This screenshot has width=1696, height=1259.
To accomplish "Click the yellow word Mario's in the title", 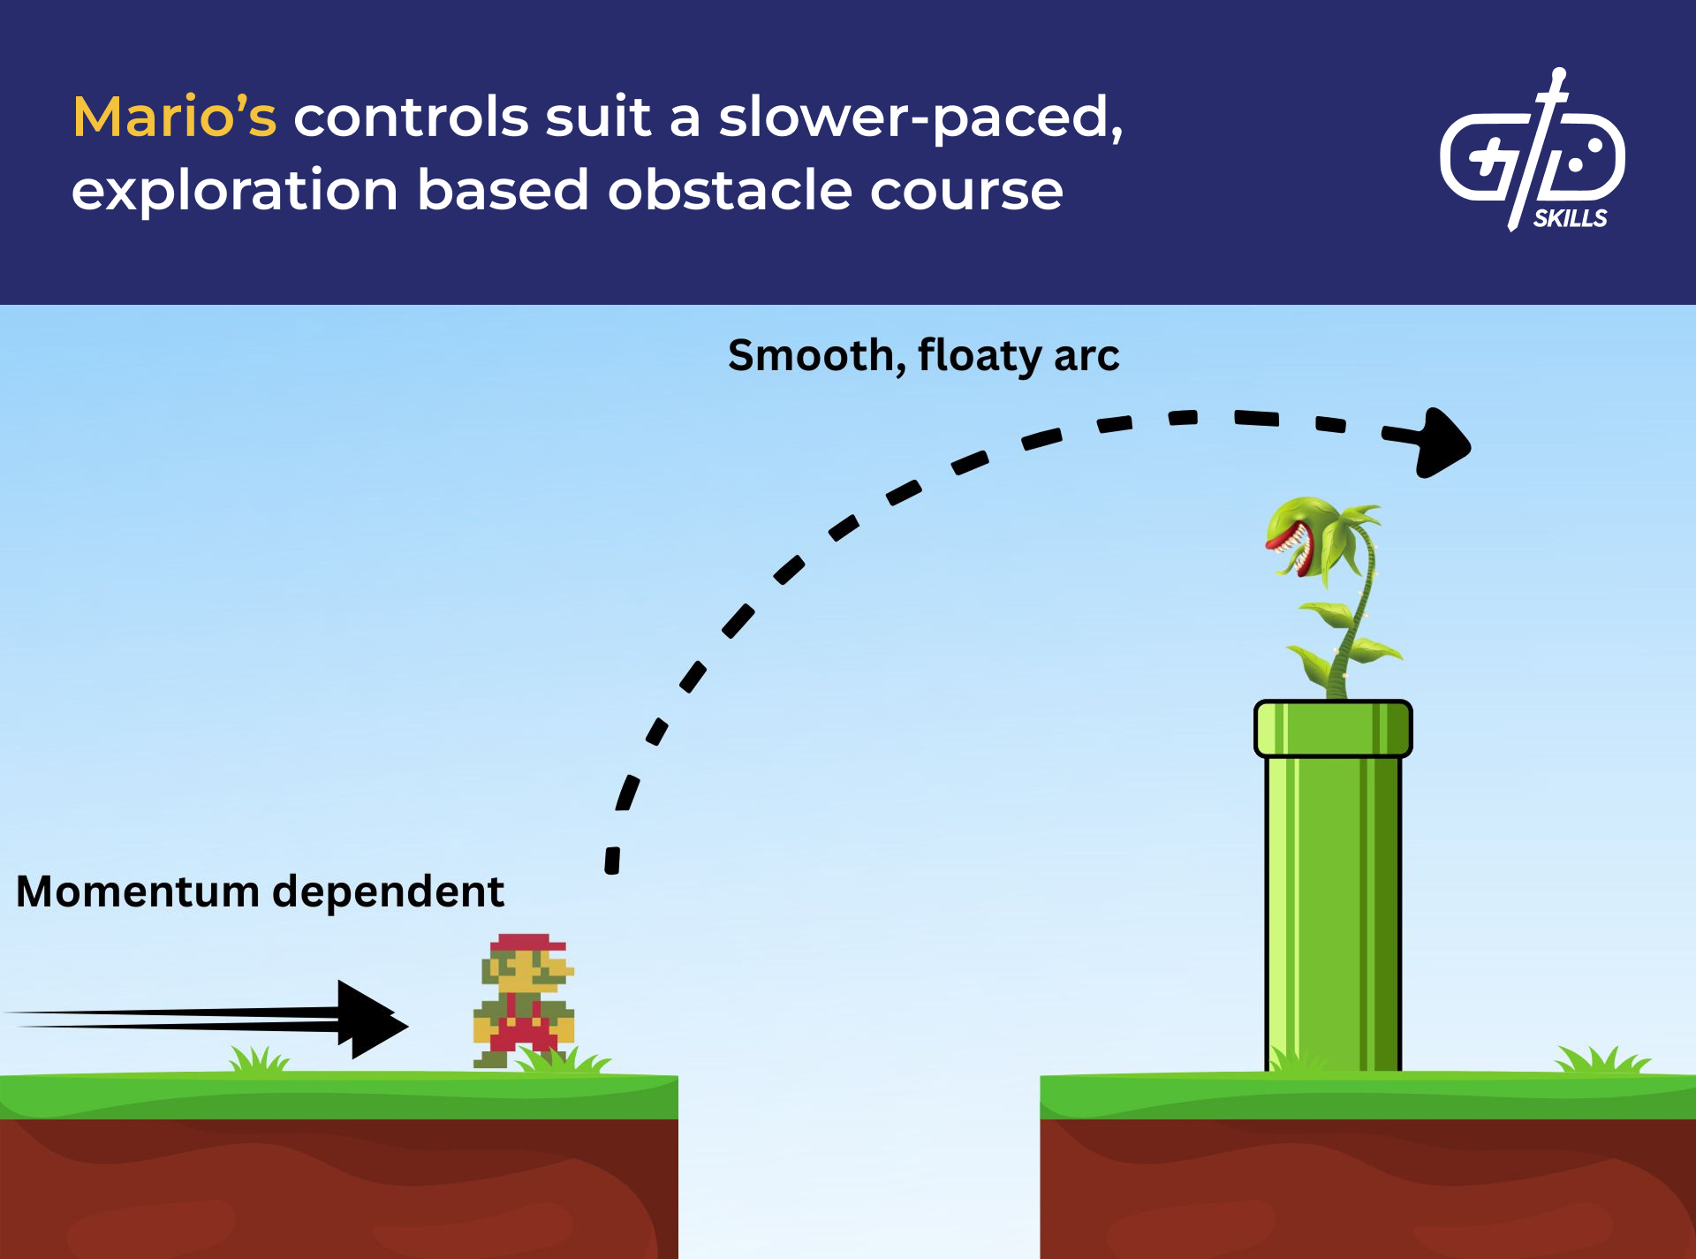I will coord(174,118).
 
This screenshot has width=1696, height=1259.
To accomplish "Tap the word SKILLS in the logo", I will coord(1570,218).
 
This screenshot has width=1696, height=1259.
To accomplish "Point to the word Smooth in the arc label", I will coord(812,356).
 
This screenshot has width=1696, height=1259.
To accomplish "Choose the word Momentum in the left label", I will coord(138,891).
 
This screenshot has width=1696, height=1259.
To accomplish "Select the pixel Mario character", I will coord(524,1001).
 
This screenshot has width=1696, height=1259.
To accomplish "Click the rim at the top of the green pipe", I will coord(1332,728).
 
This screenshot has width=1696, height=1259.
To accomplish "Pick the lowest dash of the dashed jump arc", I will coord(612,860).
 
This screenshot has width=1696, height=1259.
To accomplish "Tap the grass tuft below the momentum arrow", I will coord(258,1060).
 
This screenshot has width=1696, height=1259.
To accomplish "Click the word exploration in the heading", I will coord(235,191).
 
